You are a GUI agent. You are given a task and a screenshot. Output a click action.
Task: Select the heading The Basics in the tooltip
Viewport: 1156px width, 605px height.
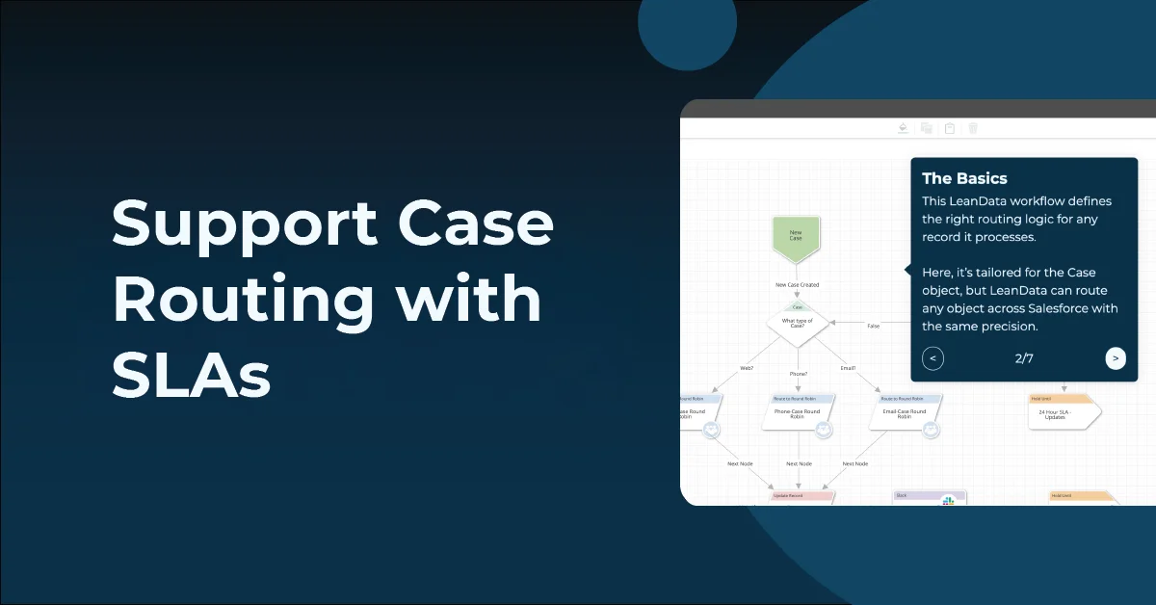964,178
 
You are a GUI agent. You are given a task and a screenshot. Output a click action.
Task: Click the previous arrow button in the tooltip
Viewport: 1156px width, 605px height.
933,358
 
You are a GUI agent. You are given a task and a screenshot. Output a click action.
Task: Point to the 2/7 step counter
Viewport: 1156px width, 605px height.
1023,358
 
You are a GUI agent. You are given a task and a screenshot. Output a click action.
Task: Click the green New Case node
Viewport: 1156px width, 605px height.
796,236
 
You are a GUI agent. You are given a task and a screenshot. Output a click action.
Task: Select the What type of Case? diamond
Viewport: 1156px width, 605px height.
796,325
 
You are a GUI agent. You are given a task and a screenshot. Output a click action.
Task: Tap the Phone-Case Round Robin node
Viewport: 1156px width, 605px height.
798,414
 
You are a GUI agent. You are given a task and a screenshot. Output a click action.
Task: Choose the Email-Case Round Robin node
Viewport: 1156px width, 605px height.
905,414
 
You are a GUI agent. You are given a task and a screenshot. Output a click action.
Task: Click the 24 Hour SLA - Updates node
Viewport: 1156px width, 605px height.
1063,413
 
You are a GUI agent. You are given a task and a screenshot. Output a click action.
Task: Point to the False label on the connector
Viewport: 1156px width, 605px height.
873,326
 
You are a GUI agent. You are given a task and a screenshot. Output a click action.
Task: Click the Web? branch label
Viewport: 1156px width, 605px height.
747,367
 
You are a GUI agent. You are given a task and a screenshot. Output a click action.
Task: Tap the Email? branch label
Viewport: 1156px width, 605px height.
848,367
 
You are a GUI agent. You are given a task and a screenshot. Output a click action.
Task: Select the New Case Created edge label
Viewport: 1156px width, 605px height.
797,285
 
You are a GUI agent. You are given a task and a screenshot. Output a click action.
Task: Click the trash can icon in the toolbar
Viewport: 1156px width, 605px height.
973,128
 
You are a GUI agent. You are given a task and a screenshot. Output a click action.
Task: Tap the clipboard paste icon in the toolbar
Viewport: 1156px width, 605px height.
949,128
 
